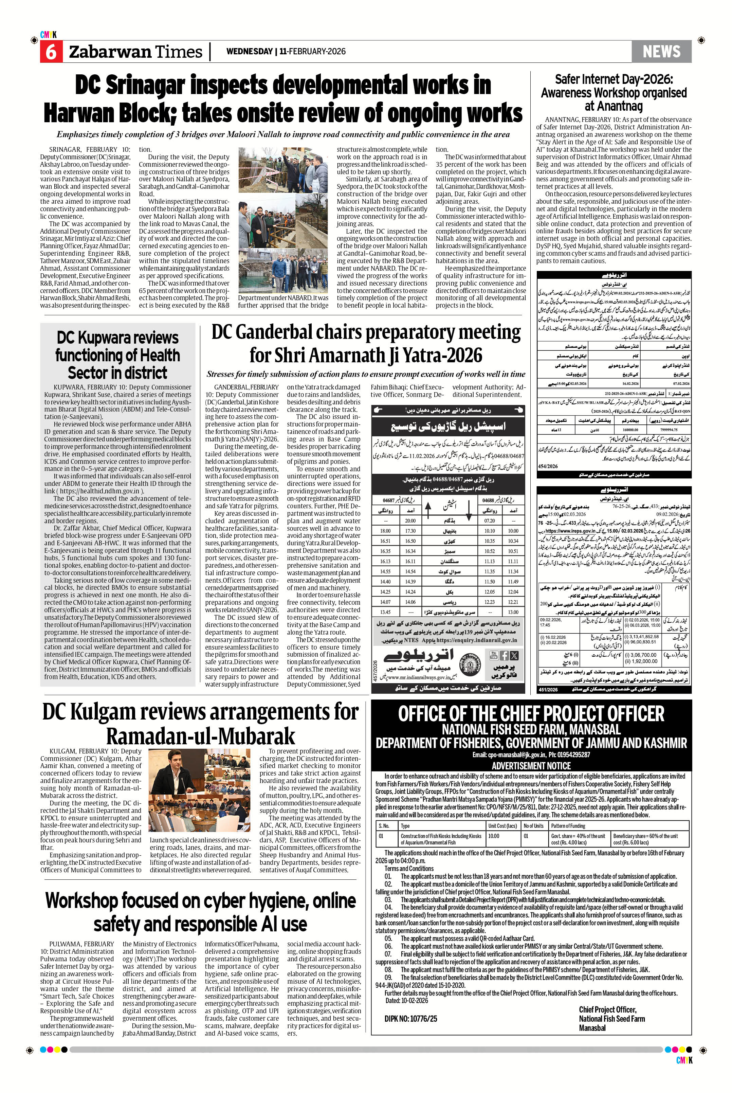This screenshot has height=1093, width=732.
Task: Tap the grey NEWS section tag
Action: [x=661, y=51]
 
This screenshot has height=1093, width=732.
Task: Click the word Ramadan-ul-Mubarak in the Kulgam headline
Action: [x=201, y=736]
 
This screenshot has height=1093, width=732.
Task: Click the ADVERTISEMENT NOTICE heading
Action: [x=531, y=766]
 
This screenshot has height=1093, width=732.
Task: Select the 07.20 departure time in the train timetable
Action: [x=489, y=521]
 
